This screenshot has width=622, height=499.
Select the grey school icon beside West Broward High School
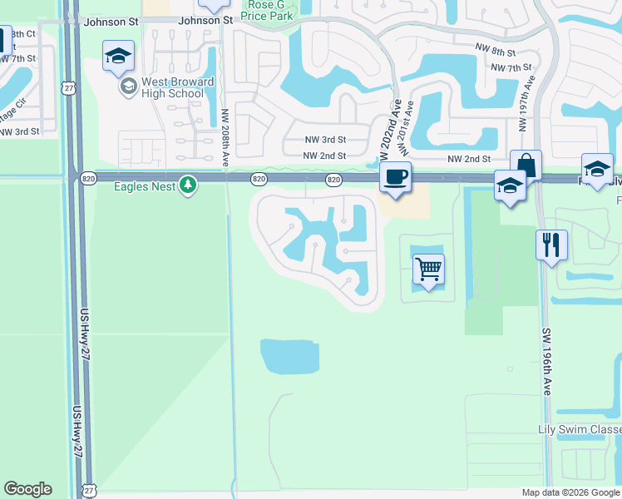(128, 86)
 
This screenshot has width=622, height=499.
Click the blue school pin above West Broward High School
(118, 56)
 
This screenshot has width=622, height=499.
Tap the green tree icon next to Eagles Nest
(189, 186)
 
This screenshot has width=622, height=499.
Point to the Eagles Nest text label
(145, 187)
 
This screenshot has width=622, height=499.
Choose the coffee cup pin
(396, 177)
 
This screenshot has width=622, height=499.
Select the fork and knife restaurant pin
(552, 245)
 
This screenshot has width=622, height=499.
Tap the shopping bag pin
(526, 165)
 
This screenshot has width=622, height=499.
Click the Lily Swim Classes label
(579, 429)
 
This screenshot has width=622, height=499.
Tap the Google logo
(27, 489)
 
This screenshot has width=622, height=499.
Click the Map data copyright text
(570, 492)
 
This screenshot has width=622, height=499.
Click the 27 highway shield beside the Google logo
(88, 491)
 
